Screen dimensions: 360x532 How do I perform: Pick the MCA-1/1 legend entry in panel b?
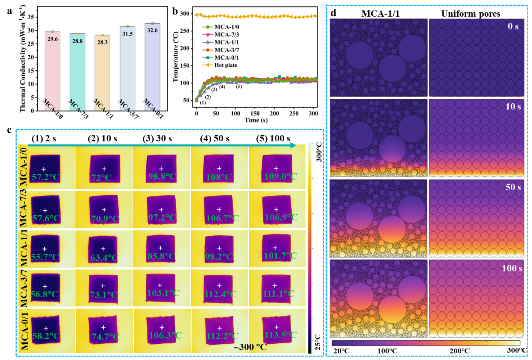[x=225, y=42]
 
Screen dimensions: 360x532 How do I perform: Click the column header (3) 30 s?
[x=161, y=139]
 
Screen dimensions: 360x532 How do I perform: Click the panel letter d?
[x=333, y=13]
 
